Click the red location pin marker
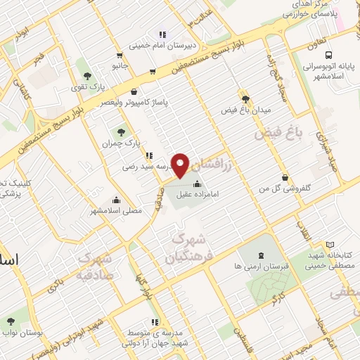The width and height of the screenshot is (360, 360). click(181, 165)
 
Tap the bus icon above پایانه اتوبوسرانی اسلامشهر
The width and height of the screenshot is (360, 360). click(328, 56)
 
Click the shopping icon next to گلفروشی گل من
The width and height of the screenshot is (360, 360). click(285, 178)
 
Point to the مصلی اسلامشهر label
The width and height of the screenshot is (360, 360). click(116, 210)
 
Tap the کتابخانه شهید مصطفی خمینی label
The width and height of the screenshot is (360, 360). click(333, 261)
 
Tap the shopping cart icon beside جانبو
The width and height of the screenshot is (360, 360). click(152, 71)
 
